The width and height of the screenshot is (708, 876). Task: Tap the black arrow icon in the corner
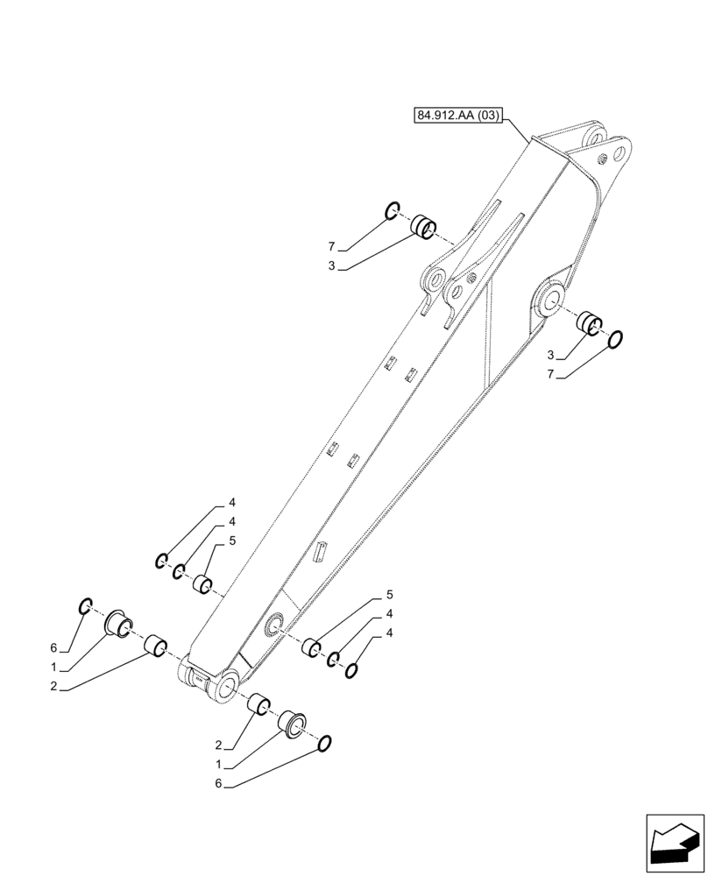tap(674, 845)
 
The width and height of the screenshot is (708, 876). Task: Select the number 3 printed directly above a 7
tap(549, 355)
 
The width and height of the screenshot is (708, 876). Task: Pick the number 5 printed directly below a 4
tap(232, 541)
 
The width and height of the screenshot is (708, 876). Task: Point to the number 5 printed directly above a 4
tap(388, 596)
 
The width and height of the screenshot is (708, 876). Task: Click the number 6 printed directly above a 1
tap(53, 648)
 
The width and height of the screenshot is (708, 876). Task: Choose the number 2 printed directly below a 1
tap(53, 688)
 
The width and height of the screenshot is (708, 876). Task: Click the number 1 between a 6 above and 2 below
tap(53, 668)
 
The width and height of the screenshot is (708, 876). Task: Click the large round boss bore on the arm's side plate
tap(553, 297)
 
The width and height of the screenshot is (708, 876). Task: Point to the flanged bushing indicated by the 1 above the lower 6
tap(293, 724)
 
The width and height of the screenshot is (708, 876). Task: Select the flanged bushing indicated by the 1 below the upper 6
tap(118, 625)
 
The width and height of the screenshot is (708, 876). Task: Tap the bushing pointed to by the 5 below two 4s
tap(203, 583)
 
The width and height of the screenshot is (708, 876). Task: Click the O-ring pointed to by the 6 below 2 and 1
tap(324, 744)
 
